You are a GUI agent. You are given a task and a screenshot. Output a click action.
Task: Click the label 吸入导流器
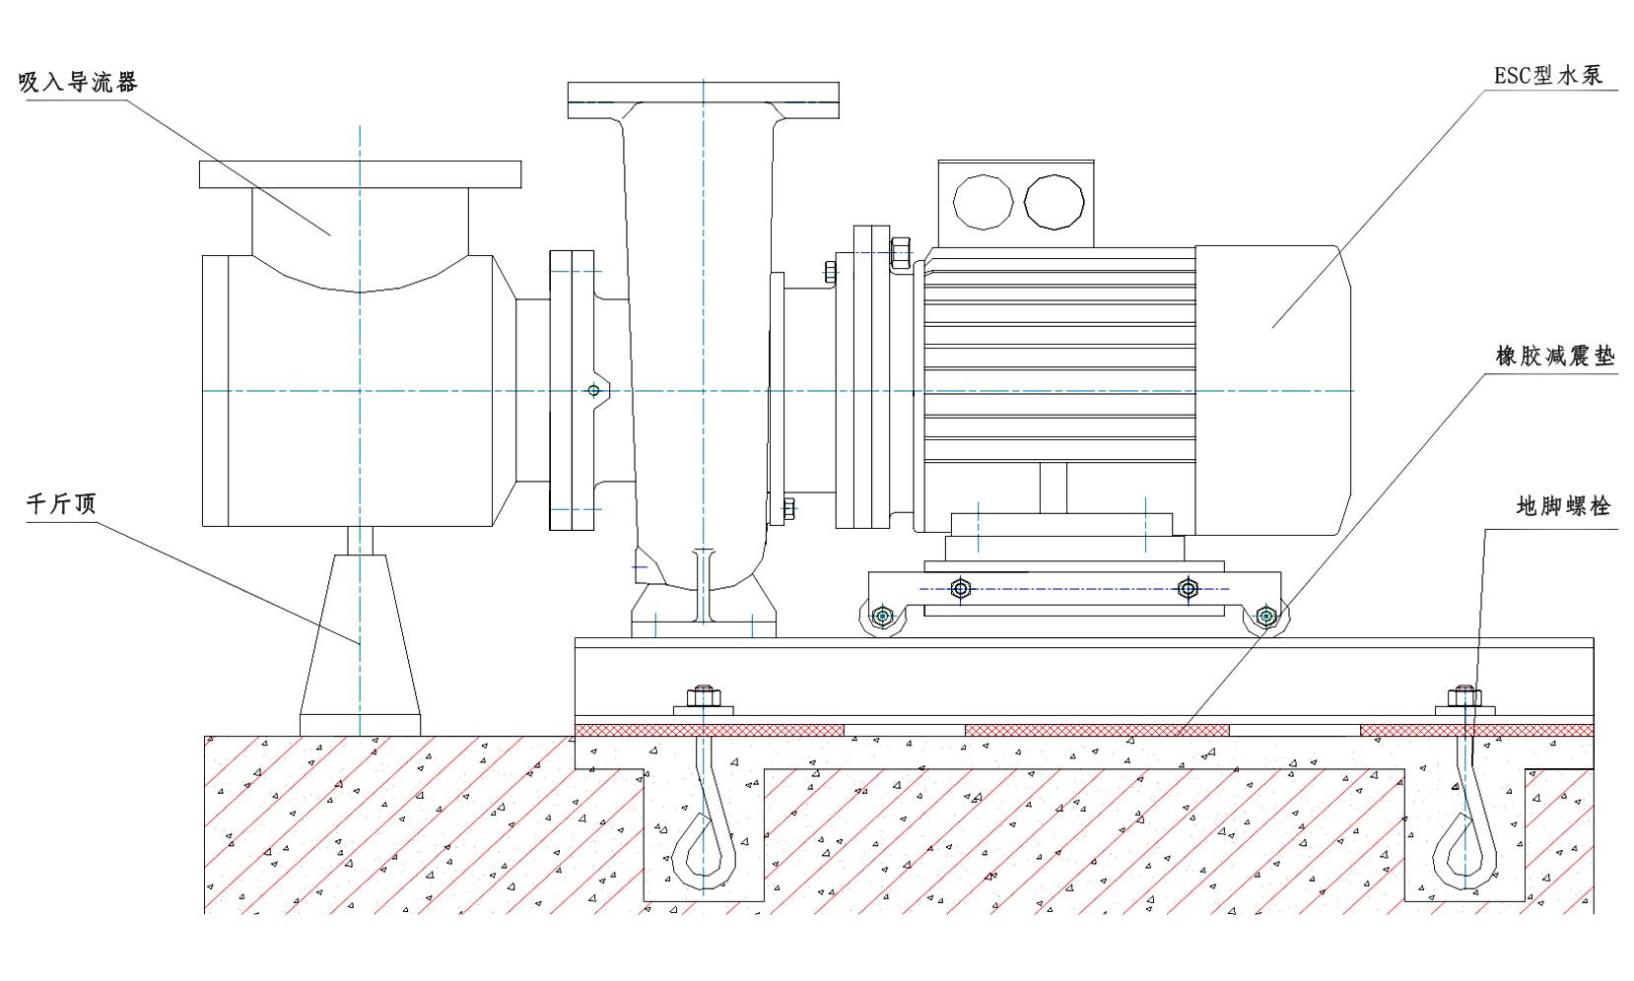pos(78,83)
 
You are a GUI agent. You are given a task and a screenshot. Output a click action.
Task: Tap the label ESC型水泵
pos(1548,76)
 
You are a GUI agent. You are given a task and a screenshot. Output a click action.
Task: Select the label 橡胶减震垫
pos(1555,356)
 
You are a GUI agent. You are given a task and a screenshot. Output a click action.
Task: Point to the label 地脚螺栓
pos(1563,506)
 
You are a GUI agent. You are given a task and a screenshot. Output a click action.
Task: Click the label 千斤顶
pos(61,504)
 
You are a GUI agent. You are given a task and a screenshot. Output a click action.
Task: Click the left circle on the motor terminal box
pos(983,202)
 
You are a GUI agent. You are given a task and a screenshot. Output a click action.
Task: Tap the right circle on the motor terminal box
pos(1054,202)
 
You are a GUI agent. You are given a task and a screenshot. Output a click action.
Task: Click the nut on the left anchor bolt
pos(703,696)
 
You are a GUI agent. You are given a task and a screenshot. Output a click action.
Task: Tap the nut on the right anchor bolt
pos(1464,696)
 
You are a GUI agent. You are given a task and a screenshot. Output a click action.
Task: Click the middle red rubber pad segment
pos(1097,730)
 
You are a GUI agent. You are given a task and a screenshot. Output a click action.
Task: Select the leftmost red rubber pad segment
pos(710,730)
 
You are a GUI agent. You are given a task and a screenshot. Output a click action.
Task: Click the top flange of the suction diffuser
pos(360,174)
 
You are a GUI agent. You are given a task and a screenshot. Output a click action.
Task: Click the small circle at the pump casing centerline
pos(593,391)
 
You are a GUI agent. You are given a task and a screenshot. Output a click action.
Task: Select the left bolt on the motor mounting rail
pos(961,589)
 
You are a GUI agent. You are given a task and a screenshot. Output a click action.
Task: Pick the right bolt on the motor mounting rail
pos(1189,589)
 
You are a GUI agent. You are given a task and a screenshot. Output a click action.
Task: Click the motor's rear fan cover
pos(1271,390)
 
